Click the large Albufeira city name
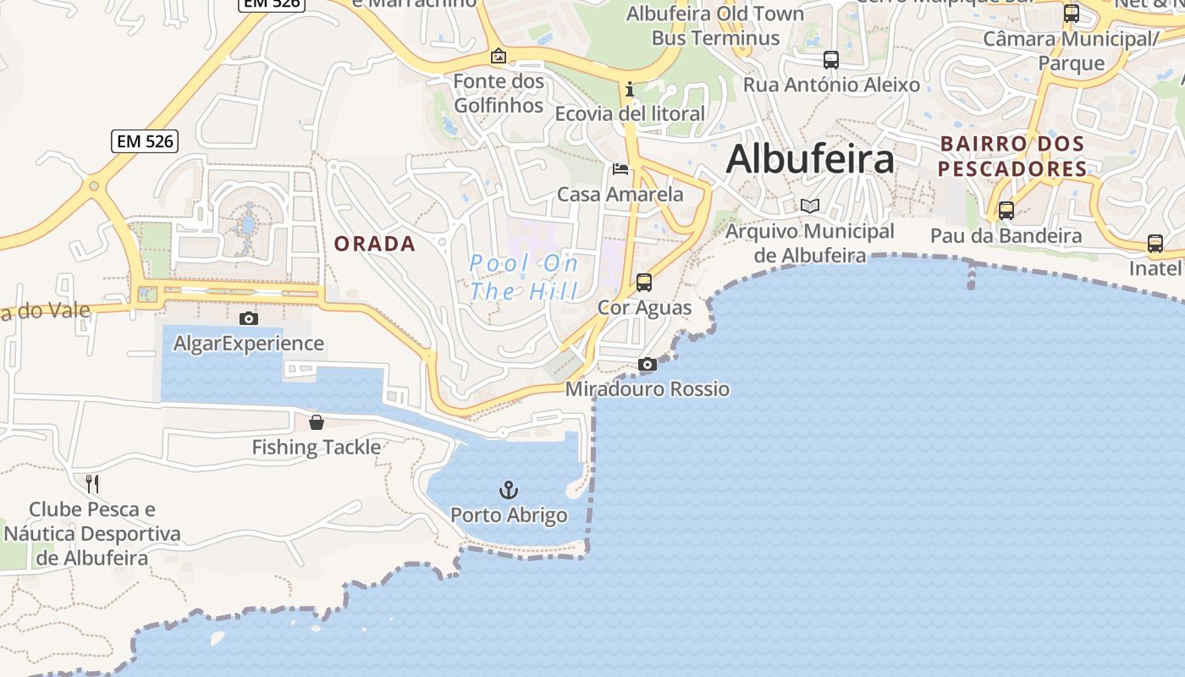click(810, 159)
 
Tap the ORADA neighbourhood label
click(374, 244)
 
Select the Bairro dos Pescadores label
click(1012, 157)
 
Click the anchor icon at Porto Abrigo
click(508, 490)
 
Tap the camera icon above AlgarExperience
click(248, 318)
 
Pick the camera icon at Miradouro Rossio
click(647, 364)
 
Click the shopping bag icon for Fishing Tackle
click(317, 421)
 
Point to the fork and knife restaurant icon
click(92, 484)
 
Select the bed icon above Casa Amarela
click(620, 169)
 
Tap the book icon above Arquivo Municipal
click(810, 206)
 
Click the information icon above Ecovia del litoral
click(629, 89)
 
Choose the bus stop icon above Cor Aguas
click(644, 282)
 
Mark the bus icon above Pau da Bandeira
click(1006, 210)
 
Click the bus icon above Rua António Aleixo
click(831, 60)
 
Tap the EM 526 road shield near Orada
click(145, 141)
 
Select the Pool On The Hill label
click(524, 277)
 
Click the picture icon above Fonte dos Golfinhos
click(499, 57)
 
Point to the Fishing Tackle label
click(317, 447)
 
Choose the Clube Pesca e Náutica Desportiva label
click(92, 534)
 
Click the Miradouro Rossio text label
click(647, 389)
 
